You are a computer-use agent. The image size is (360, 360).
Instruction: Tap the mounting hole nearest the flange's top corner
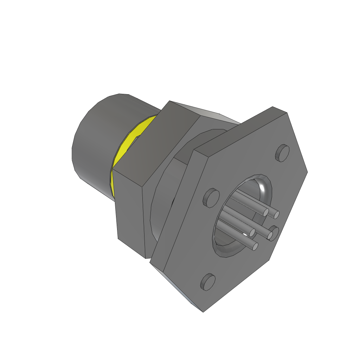tap(282, 153)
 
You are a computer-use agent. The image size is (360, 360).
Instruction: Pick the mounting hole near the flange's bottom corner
tap(208, 282)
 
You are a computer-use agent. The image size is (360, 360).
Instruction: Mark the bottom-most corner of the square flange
tap(204, 311)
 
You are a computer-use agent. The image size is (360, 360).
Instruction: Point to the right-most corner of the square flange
tap(308, 172)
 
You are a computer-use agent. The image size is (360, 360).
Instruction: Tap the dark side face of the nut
tap(130, 214)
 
